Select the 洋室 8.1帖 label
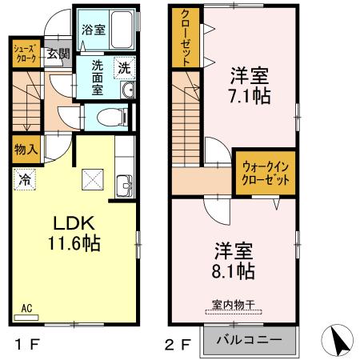(232, 260)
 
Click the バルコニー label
(250, 339)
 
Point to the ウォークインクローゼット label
(263, 174)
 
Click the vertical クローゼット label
(185, 38)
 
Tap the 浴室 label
(94, 30)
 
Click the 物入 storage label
(26, 150)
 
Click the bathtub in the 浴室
(123, 30)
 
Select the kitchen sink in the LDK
(124, 185)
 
